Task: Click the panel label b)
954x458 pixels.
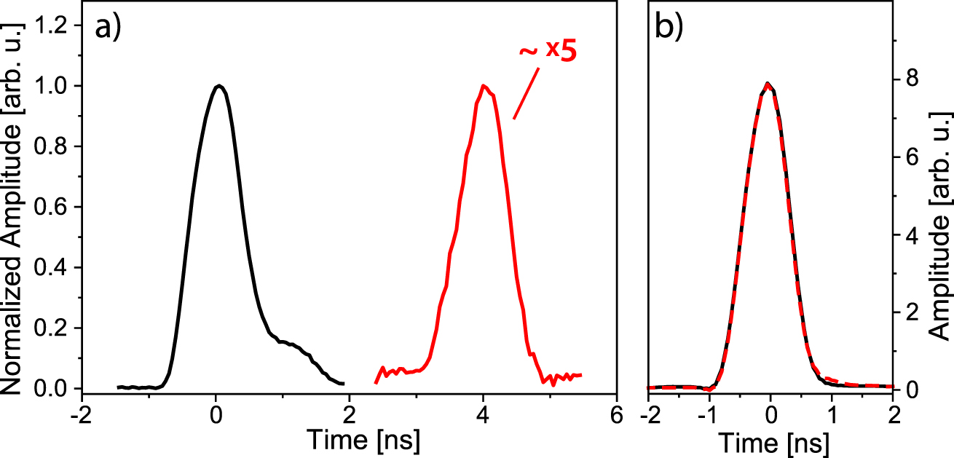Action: (669, 27)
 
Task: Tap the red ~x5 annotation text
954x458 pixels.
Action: (548, 53)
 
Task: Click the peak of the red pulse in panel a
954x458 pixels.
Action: (483, 86)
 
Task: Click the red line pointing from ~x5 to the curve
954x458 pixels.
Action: (527, 93)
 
